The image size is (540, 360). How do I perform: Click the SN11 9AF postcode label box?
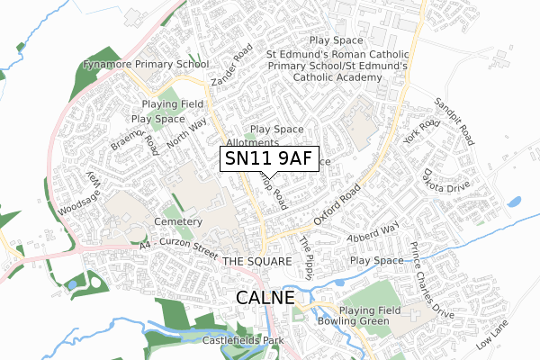click(x=269, y=158)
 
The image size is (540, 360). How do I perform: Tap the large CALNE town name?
click(x=265, y=297)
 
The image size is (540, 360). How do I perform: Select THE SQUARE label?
click(x=256, y=261)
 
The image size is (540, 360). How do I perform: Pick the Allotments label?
click(x=253, y=143)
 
